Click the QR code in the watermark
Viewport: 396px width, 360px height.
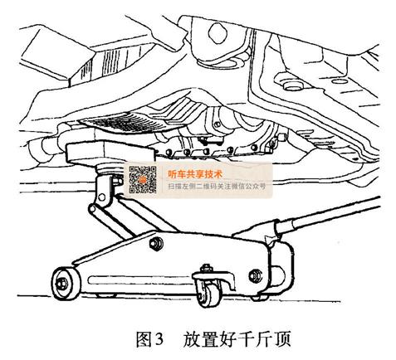click(143, 179)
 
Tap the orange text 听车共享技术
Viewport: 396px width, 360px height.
click(195, 174)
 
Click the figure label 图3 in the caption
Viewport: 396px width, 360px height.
click(149, 339)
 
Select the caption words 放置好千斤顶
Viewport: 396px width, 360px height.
click(237, 339)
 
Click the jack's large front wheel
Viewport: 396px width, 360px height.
click(66, 283)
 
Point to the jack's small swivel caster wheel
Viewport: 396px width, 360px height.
click(209, 295)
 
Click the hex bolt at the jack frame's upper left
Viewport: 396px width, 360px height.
click(156, 244)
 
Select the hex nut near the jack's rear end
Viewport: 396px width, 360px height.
click(255, 275)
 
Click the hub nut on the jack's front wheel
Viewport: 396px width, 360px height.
click(61, 284)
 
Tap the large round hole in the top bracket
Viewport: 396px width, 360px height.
click(218, 33)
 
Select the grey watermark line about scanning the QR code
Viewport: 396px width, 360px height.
click(217, 186)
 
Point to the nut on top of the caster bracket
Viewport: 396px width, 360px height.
click(206, 268)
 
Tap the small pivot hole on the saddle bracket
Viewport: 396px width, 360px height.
click(102, 197)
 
